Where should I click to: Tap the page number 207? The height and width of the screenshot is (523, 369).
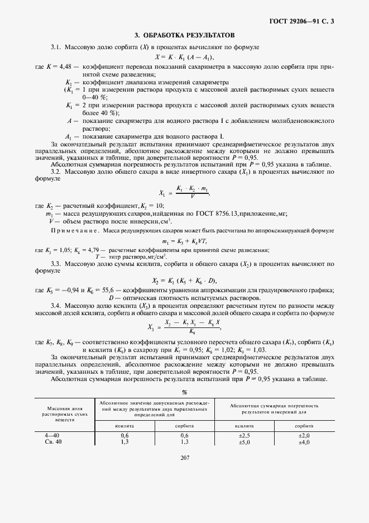click(x=185, y=458)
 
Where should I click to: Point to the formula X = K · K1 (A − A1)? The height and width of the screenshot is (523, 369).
click(x=184, y=57)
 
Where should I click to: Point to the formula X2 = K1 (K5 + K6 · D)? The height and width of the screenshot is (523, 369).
click(x=185, y=280)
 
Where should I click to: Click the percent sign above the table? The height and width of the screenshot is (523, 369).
click(x=185, y=392)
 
